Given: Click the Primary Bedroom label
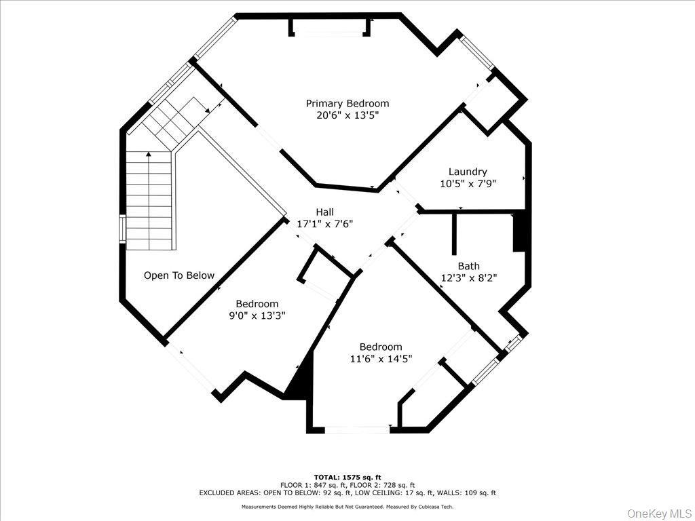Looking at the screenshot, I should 347,103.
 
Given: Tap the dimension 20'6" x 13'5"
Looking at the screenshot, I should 347,115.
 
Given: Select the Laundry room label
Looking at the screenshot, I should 468,172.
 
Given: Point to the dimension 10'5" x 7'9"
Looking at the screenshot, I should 468,183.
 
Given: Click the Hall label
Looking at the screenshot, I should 324,212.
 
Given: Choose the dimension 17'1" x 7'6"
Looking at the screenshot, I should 324,223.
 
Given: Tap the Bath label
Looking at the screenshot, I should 468,266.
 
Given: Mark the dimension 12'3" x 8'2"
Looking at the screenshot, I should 468,277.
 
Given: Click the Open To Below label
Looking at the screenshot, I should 179,275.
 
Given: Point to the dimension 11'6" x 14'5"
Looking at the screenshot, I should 381,359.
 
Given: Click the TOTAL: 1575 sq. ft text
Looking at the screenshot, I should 347,477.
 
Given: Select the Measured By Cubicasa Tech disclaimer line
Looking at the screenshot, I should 347,506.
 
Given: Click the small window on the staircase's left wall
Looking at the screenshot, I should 123,229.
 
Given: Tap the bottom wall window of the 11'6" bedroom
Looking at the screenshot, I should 357,429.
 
